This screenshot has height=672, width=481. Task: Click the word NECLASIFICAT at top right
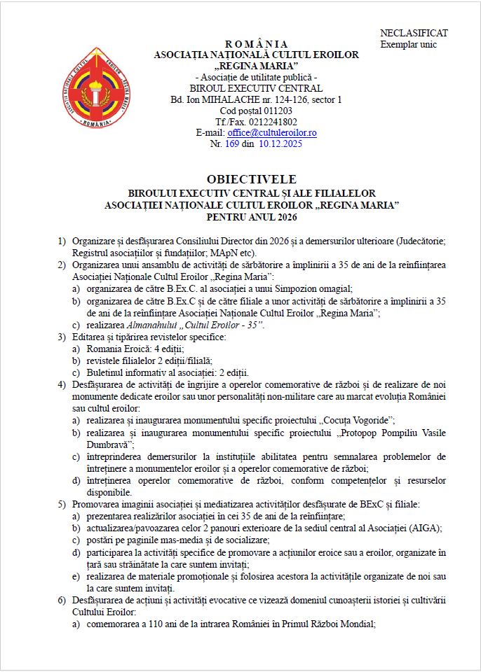[414, 33]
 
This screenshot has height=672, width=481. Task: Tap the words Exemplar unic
[408, 44]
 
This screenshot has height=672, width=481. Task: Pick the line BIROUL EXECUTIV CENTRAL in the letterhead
[256, 88]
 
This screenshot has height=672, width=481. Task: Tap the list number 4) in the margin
[62, 384]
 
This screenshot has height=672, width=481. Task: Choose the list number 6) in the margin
[62, 601]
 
